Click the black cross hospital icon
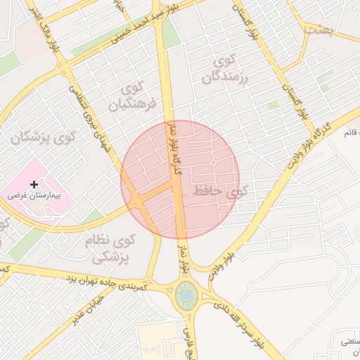34,184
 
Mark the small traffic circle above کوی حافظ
213,163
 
